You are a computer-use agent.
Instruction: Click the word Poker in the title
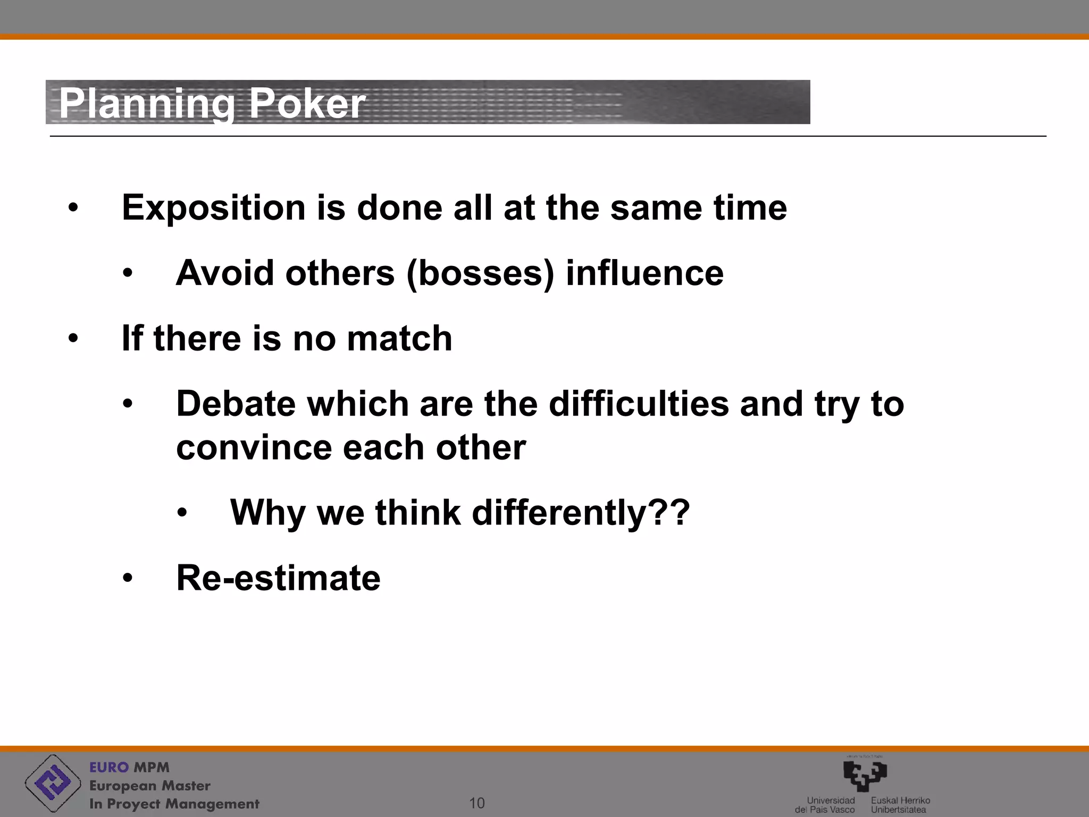click(307, 103)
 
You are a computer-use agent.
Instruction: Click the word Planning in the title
click(147, 103)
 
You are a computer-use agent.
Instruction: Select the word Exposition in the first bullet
click(213, 208)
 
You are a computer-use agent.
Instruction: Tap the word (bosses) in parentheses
click(480, 273)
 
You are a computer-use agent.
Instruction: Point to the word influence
click(644, 273)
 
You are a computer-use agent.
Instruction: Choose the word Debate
click(236, 404)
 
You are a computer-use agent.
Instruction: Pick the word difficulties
click(639, 404)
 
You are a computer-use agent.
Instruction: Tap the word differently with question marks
click(580, 513)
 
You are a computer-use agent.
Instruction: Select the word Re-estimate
click(278, 578)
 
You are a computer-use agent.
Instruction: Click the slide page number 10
click(477, 803)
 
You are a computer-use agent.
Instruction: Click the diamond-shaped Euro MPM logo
click(52, 783)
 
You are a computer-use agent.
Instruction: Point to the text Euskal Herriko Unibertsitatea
click(900, 805)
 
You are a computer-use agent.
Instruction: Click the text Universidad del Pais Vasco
click(825, 805)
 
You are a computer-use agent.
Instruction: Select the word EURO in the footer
click(109, 768)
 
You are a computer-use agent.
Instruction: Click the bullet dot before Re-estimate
click(127, 578)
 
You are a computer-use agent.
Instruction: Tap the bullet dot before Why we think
click(182, 513)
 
